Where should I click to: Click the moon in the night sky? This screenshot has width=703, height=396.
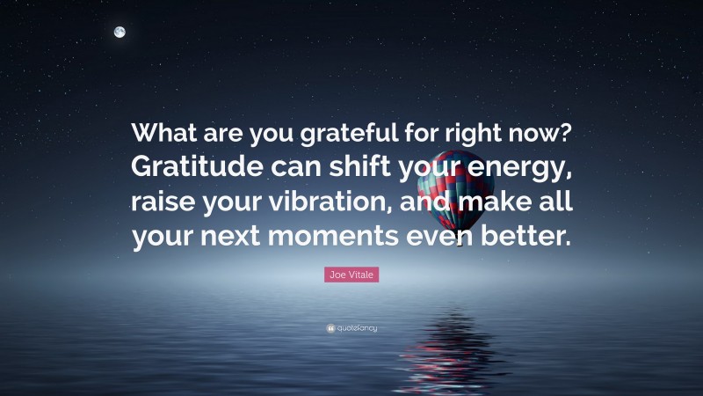click(120, 33)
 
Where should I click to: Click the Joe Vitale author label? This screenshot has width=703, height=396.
click(351, 276)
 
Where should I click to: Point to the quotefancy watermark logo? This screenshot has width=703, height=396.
click(351, 328)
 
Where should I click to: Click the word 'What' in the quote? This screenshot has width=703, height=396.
click(163, 134)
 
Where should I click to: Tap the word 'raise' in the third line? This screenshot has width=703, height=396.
click(163, 202)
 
